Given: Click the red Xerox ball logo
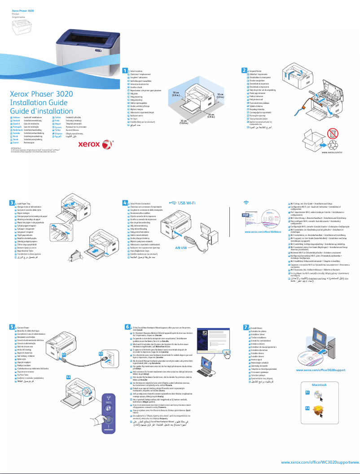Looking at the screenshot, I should (105, 145).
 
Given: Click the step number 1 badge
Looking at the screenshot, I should (125, 71).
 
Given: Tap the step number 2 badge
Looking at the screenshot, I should (244, 71).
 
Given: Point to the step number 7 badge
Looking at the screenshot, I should (246, 328).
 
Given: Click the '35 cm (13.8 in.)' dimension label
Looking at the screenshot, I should (184, 122).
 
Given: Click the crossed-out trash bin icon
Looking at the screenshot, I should (333, 133).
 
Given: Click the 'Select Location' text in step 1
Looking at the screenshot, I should (136, 71).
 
